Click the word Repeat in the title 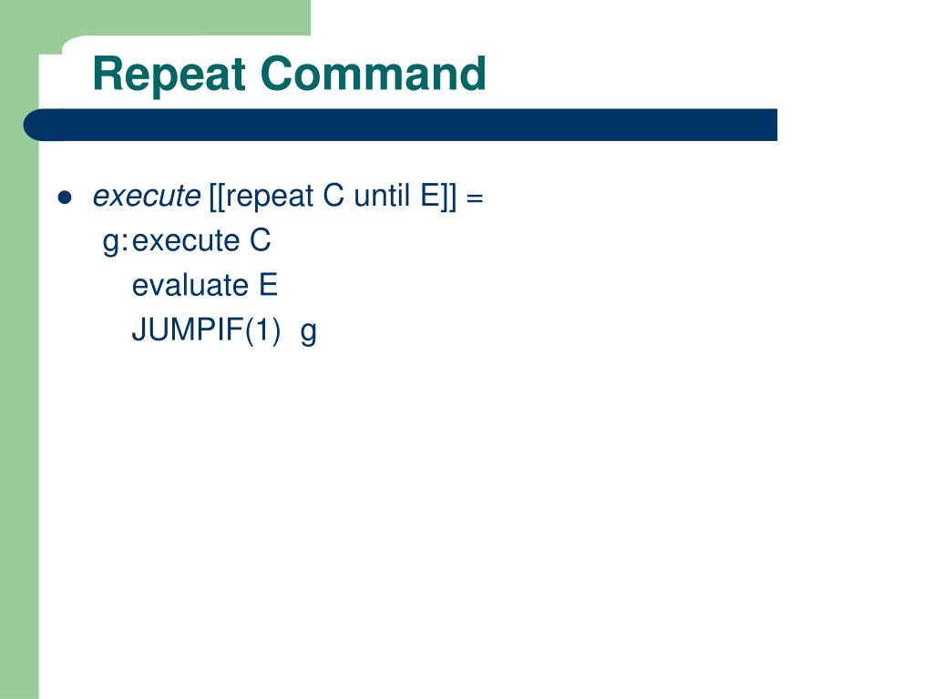[170, 75]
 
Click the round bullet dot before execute [64, 198]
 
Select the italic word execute [146, 197]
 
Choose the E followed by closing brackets [430, 197]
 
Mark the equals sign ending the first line [474, 198]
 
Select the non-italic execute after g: [185, 241]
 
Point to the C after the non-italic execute [261, 241]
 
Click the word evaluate [190, 286]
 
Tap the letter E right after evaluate [268, 286]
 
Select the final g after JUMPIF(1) [309, 332]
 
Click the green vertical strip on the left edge [19, 410]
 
